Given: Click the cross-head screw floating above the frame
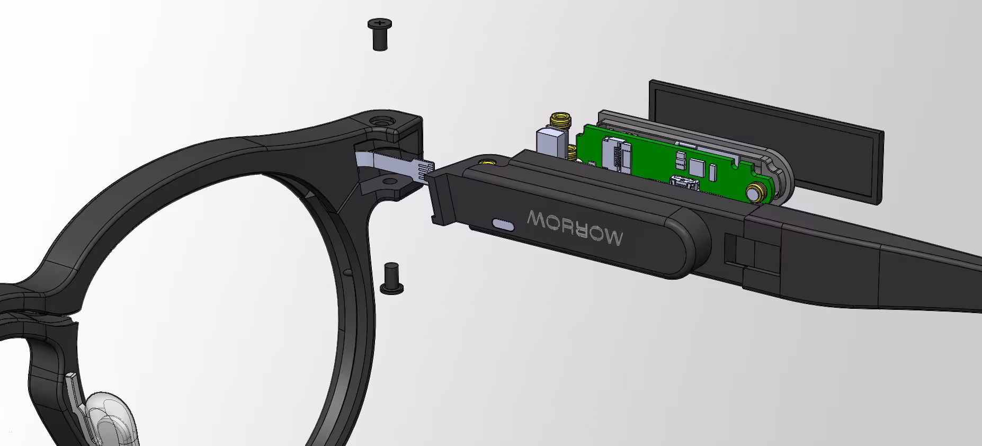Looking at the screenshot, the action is (x=380, y=34).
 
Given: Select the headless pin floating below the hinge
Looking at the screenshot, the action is (x=392, y=278).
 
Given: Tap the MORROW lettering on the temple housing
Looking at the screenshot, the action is (x=575, y=227).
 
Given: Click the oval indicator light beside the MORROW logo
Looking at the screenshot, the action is (x=503, y=225).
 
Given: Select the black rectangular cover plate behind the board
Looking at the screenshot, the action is (x=766, y=140).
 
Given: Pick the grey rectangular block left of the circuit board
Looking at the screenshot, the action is (x=552, y=141).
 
